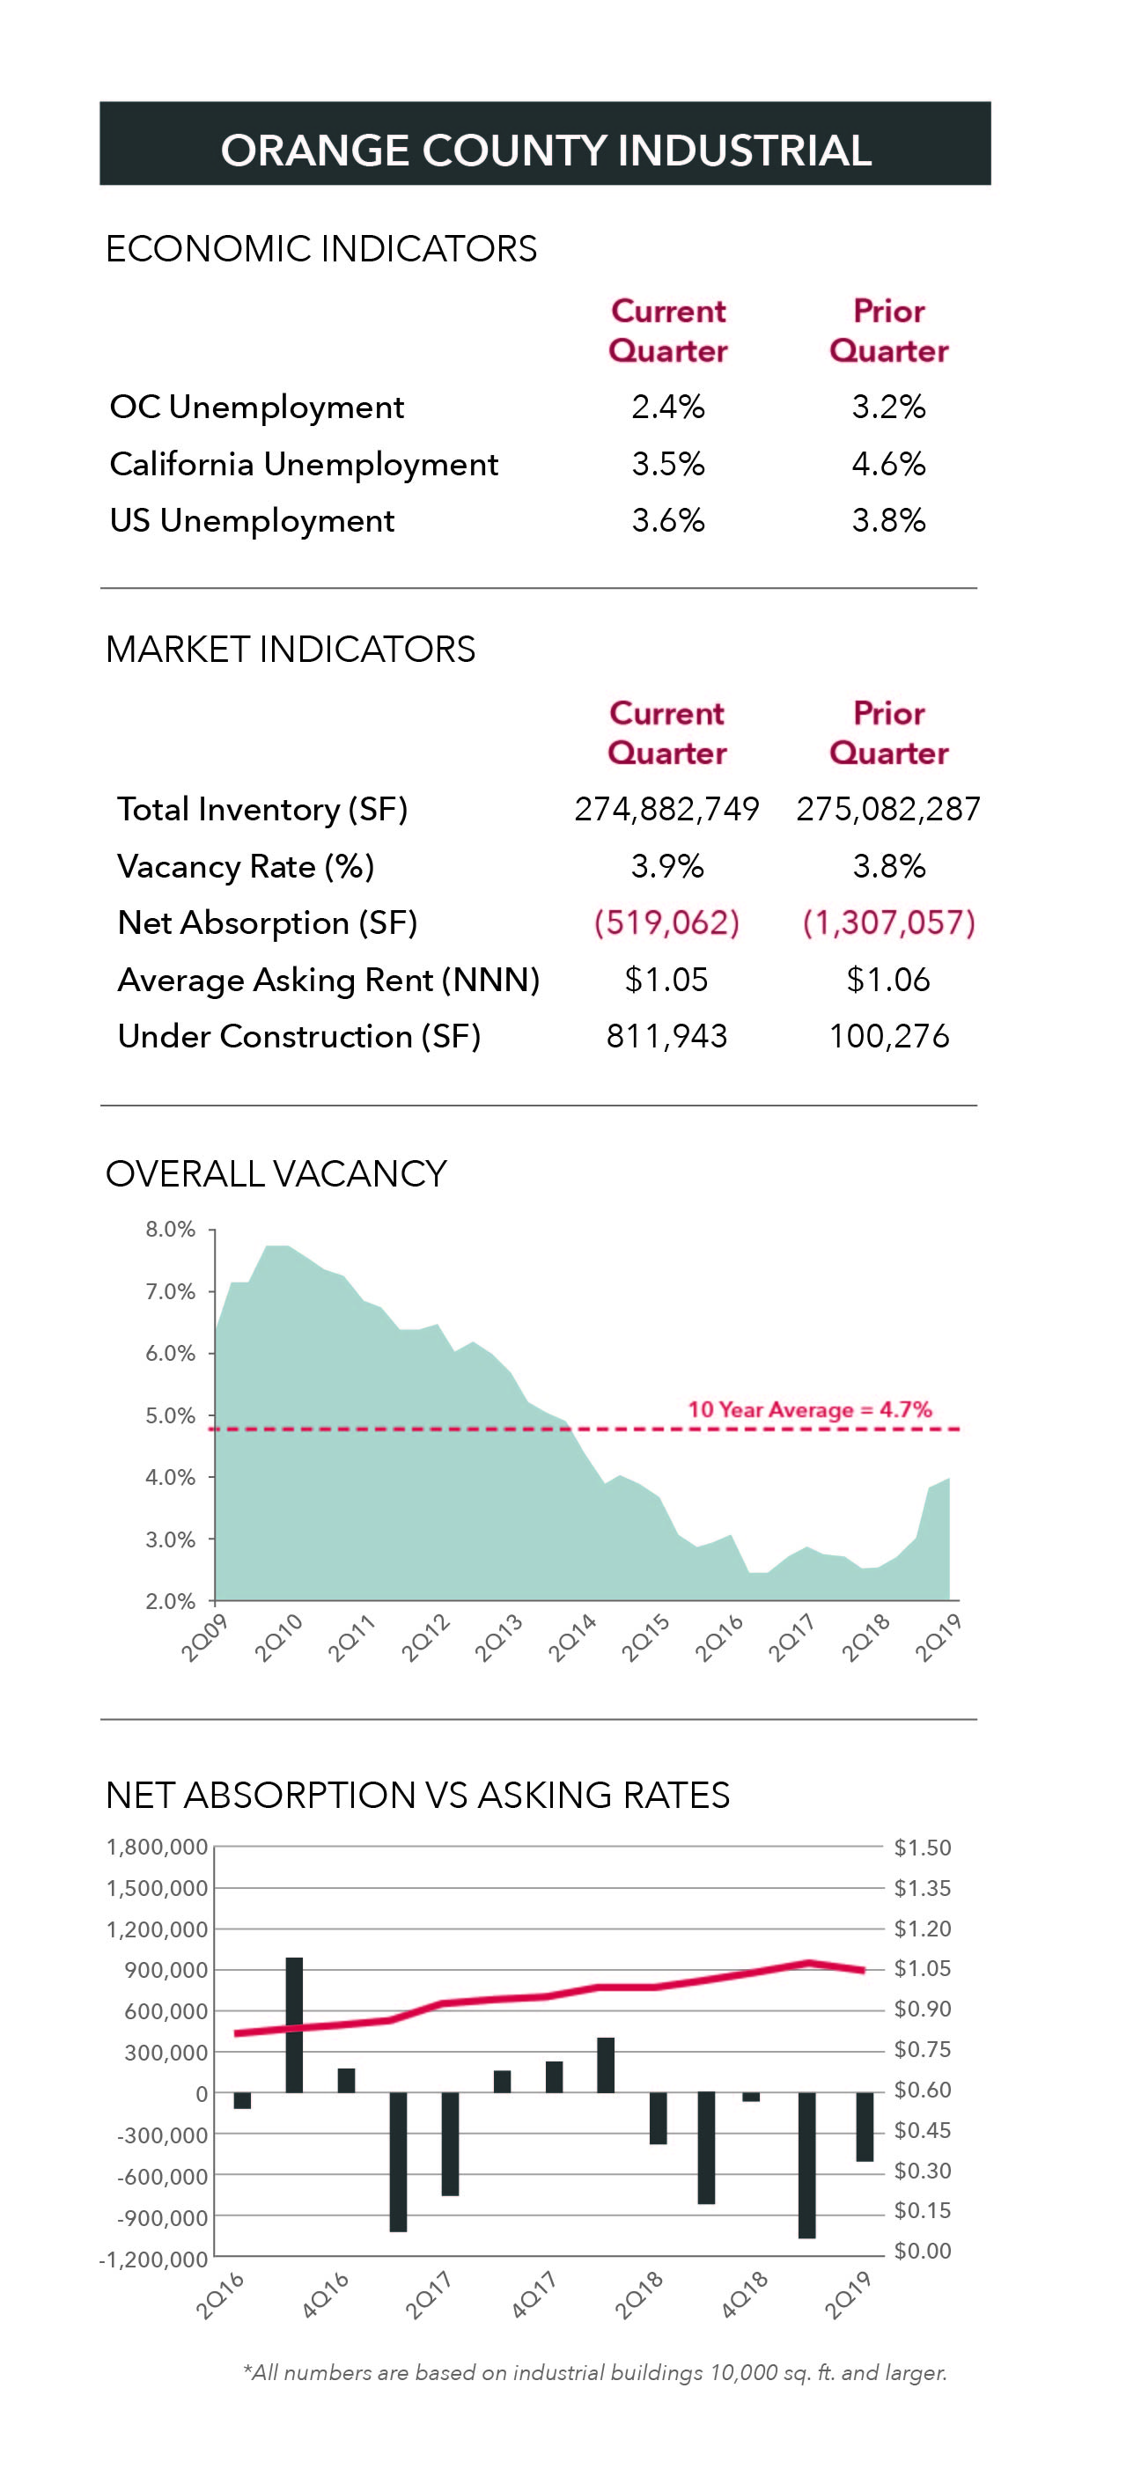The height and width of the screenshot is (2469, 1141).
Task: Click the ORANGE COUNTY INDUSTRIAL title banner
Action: (545, 143)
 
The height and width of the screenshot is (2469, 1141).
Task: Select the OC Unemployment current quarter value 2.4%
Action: (667, 408)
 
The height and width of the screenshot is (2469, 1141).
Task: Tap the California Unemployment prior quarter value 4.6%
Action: (887, 464)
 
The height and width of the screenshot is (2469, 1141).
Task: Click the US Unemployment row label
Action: (251, 520)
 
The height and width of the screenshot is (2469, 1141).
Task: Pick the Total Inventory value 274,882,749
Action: (666, 809)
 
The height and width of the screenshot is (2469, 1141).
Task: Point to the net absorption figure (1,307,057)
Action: (887, 922)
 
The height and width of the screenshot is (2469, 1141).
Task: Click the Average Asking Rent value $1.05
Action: (666, 980)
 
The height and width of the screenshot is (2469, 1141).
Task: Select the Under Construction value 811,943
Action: (666, 1036)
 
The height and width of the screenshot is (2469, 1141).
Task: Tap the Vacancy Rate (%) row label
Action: (246, 866)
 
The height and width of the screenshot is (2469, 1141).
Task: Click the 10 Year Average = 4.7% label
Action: (809, 1409)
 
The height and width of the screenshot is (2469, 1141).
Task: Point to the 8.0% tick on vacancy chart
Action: (170, 1230)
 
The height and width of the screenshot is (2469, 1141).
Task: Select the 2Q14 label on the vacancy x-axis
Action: (572, 1637)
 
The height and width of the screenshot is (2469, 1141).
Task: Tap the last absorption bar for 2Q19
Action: (864, 2126)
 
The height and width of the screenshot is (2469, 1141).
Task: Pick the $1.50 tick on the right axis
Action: (922, 1847)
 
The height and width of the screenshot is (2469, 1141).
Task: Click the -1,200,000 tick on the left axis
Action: (153, 2260)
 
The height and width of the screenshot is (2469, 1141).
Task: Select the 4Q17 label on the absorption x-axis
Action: (534, 2294)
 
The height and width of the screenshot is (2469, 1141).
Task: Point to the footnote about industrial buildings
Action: (594, 2372)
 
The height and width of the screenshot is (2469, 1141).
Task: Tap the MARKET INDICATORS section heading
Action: (290, 650)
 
